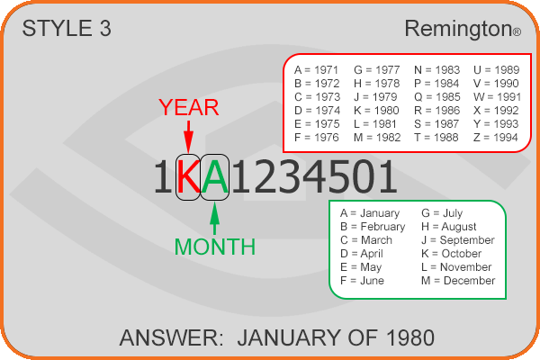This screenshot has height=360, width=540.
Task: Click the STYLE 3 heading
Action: click(x=67, y=28)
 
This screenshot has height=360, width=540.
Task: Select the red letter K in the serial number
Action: click(x=188, y=176)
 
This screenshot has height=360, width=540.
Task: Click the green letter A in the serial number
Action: click(x=214, y=176)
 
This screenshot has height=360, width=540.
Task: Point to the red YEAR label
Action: click(x=189, y=107)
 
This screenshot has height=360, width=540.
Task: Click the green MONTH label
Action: click(x=215, y=247)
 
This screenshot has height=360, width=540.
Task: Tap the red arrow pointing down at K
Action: click(x=188, y=137)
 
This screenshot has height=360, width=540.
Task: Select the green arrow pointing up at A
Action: click(x=214, y=219)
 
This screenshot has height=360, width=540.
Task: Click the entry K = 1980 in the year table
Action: click(x=376, y=111)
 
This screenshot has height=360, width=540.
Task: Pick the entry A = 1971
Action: click(x=317, y=70)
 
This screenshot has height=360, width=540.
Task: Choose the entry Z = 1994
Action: click(x=496, y=138)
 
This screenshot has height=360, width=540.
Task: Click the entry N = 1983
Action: click(x=437, y=70)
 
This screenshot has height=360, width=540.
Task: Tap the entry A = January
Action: click(x=370, y=213)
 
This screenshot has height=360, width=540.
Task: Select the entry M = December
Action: click(x=458, y=281)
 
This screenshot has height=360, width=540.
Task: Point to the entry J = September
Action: click(x=458, y=240)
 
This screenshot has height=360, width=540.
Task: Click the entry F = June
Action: click(x=362, y=281)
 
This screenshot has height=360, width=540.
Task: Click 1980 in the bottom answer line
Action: click(x=410, y=337)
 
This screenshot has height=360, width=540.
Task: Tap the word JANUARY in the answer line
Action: click(x=289, y=337)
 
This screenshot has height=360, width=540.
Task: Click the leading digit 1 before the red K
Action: click(x=163, y=176)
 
